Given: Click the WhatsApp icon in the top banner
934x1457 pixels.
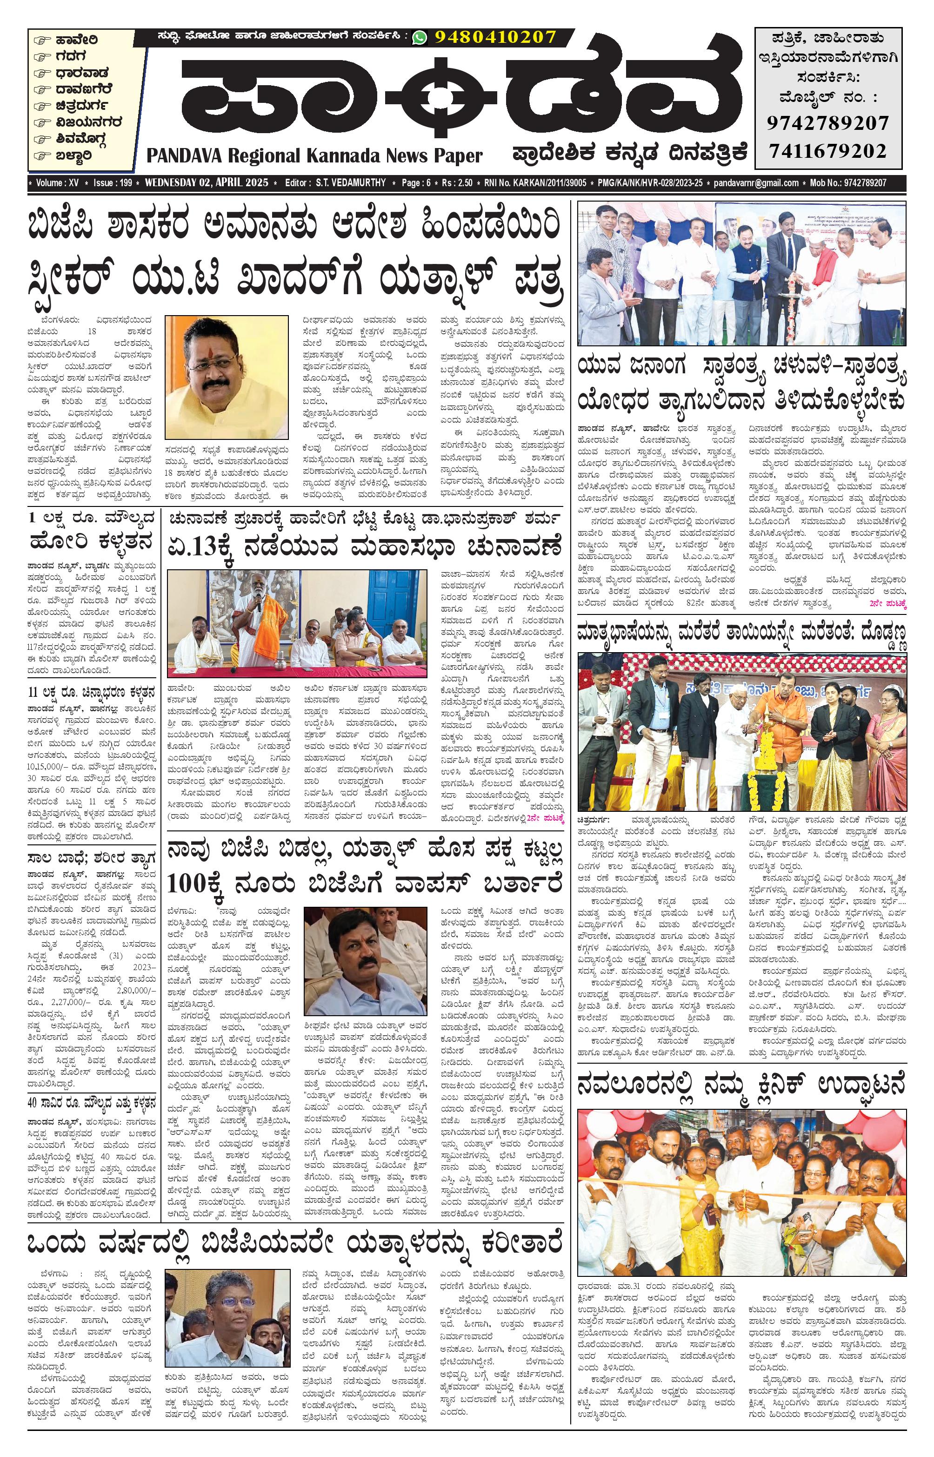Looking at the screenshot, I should [419, 38].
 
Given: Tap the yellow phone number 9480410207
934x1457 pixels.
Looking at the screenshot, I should [495, 38].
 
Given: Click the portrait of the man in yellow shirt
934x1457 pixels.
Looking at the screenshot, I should [226, 377].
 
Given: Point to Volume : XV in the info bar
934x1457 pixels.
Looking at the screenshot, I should [58, 182].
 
